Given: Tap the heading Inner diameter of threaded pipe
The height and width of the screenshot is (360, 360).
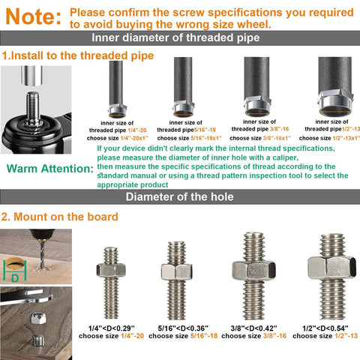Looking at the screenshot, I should click(180, 40).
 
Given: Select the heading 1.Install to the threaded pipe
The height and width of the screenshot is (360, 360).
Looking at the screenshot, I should click(78, 55).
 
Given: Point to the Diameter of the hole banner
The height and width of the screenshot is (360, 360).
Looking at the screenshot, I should click(180, 197).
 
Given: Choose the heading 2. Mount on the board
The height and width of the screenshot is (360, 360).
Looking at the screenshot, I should click(59, 217).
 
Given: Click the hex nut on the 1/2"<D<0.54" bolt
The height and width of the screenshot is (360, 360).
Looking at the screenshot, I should click(330, 268).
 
